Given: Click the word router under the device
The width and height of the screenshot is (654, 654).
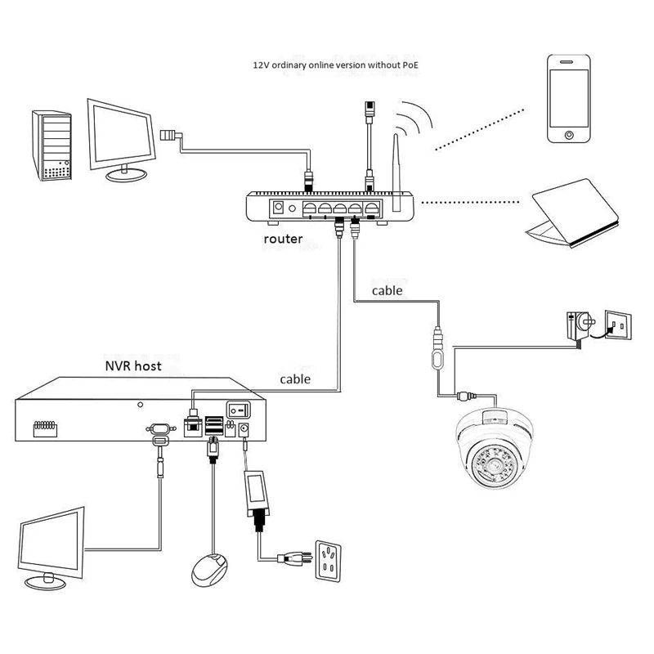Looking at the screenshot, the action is tap(283, 239).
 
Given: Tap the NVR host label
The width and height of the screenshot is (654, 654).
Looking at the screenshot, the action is tap(133, 365).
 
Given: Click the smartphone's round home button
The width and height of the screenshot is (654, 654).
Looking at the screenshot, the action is tap(569, 135).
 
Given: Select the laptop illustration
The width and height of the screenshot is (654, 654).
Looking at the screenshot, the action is tap(571, 213).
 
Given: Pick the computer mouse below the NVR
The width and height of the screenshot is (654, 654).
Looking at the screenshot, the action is tap(210, 570).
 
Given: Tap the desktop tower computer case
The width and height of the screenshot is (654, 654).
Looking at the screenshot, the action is tap(52, 146).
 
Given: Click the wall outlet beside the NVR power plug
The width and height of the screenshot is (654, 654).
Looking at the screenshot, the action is tap(329, 561).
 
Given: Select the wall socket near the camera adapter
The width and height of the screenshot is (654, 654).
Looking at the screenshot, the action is tap(618, 325).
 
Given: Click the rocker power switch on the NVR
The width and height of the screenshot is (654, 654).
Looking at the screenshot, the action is tap(238, 410).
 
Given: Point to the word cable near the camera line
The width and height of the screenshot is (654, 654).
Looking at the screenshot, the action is tap(387, 291).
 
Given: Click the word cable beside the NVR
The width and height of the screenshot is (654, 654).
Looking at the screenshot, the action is tap(295, 379).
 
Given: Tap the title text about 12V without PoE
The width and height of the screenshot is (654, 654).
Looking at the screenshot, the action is tap(336, 65).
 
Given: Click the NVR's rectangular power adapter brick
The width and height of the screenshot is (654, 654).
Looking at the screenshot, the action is tap(255, 490).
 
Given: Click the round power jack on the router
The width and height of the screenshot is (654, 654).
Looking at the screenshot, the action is tap(278, 208).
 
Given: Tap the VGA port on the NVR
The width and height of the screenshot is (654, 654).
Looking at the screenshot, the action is tap(160, 428).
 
